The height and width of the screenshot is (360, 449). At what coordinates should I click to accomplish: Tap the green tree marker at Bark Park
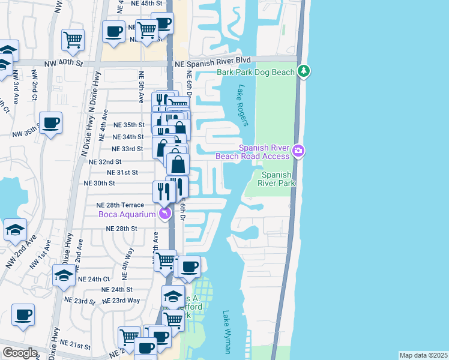[305, 72]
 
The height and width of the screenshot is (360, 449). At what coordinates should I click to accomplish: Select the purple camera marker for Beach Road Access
[298, 151]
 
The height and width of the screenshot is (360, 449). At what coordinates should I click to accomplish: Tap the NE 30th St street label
[99, 183]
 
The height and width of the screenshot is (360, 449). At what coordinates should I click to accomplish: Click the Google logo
[20, 353]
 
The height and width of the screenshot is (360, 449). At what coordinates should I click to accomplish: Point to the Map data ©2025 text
[423, 355]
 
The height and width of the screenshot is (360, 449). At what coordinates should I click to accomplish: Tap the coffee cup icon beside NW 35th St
[50, 123]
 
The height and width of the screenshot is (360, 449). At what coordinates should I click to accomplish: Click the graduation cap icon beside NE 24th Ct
[64, 275]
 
